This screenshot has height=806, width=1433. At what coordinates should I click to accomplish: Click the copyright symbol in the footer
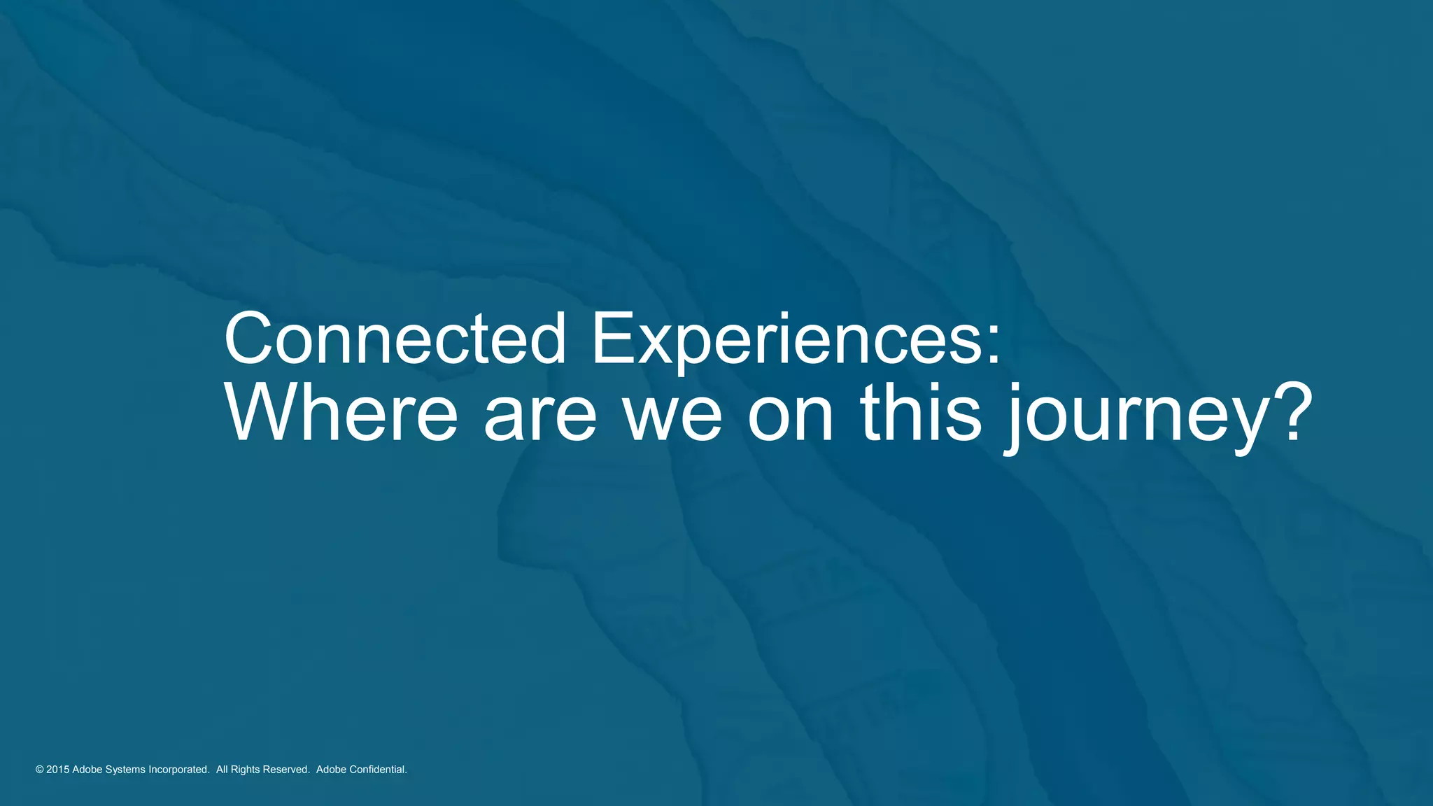[39, 770]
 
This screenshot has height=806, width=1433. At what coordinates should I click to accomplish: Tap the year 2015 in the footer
[57, 770]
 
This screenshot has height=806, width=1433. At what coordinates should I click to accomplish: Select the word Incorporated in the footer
[178, 770]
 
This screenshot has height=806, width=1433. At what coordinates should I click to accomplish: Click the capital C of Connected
[248, 339]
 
